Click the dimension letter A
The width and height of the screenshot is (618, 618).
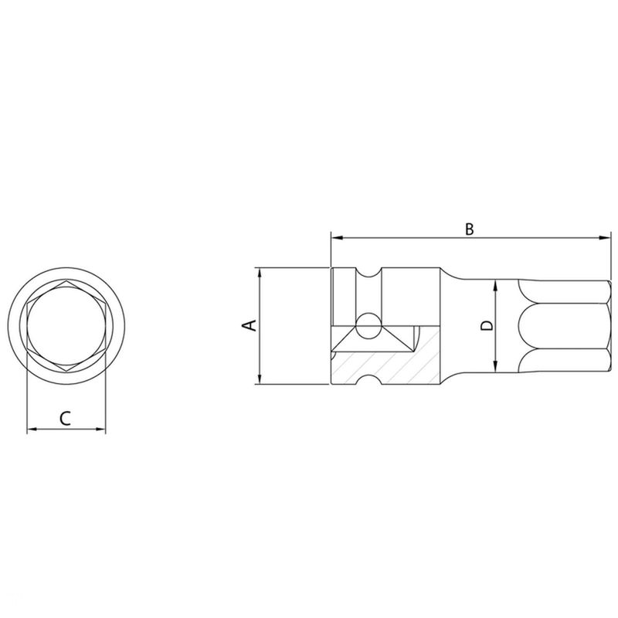pyautogui.click(x=250, y=325)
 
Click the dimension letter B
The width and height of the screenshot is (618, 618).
pyautogui.click(x=469, y=229)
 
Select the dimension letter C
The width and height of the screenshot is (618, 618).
pyautogui.click(x=66, y=418)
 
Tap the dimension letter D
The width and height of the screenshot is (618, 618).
pyautogui.click(x=487, y=325)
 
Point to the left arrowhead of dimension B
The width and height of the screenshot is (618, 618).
pyautogui.click(x=337, y=238)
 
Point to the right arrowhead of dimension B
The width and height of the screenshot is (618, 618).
pyautogui.click(x=604, y=238)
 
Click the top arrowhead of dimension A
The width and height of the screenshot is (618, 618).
pyautogui.click(x=259, y=273)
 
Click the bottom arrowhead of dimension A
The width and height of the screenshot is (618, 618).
pyautogui.click(x=259, y=378)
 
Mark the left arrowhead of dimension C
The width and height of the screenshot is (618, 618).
pyautogui.click(x=32, y=429)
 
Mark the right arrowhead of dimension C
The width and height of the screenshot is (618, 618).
pyautogui.click(x=100, y=429)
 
